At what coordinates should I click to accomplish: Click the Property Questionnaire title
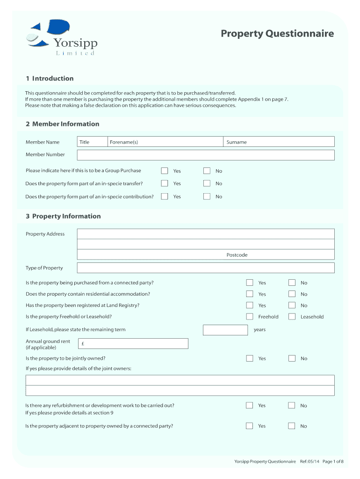tap(277, 34)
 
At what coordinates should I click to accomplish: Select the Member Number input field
tap(206, 155)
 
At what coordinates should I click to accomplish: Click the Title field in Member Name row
tap(91, 142)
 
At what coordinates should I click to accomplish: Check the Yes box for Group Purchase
tap(165, 171)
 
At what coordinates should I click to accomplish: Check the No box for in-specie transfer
tap(207, 183)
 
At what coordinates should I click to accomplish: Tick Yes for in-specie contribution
tap(165, 196)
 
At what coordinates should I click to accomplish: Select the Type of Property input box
tap(206, 268)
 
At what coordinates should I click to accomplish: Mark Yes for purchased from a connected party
tap(250, 283)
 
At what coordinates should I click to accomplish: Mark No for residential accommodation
tap(292, 294)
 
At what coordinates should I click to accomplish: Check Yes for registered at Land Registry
tap(250, 305)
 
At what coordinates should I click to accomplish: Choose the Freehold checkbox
tap(250, 317)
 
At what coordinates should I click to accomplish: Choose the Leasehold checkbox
tap(292, 317)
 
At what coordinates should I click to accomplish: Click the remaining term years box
tap(225, 330)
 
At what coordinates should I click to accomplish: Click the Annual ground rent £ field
tap(133, 344)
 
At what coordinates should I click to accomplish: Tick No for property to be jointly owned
tap(292, 358)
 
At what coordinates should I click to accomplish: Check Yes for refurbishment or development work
tap(250, 406)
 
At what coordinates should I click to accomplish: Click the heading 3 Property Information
tap(63, 216)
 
